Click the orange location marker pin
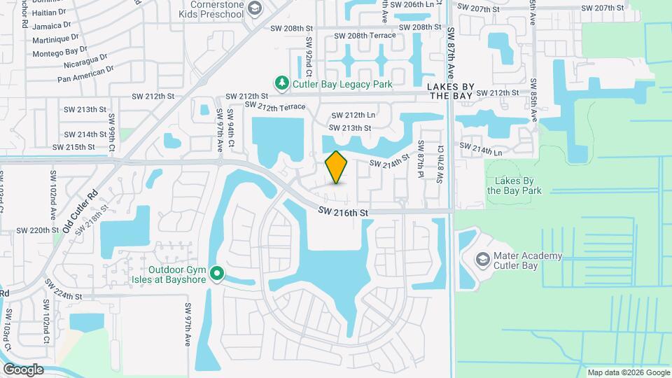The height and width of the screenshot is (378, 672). coord(337,167)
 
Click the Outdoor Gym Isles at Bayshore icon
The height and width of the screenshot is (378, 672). coord(218,273)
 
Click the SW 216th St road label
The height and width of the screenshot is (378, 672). coord(342,211)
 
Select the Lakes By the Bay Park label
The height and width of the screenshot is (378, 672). coord(514,185)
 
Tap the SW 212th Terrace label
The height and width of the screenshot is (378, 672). coord(275,106)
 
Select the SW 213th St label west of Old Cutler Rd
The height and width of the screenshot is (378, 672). coord(85,110)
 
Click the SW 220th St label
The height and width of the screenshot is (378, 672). coord(37,230)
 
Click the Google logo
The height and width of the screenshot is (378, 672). coord(23,370)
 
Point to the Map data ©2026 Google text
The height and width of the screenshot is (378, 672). coord(627,372)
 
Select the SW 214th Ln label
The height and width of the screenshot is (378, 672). coord(480,149)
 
